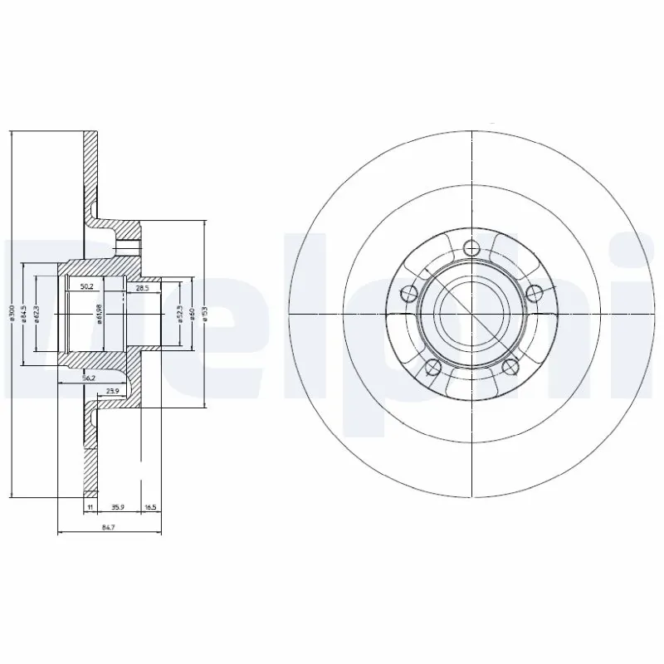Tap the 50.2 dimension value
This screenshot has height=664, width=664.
tap(85, 287)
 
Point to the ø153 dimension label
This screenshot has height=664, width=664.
tap(204, 315)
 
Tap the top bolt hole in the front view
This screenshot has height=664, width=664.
tap(472, 247)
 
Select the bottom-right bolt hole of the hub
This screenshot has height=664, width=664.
tap(511, 369)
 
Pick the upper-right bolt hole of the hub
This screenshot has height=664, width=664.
tap(535, 292)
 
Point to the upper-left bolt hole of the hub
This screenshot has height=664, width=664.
tap(408, 292)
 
